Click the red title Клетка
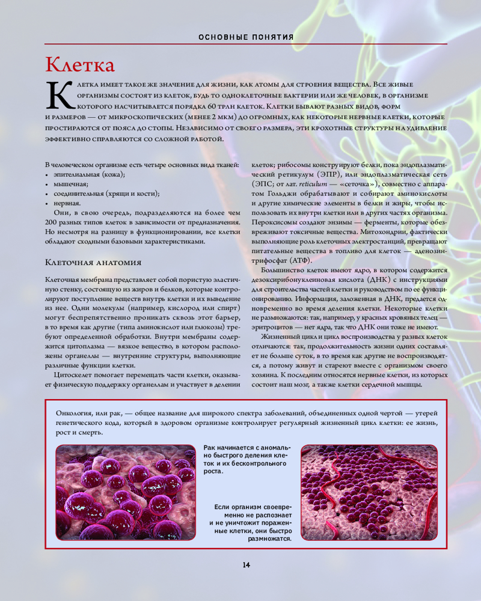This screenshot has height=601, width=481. [x=80, y=64]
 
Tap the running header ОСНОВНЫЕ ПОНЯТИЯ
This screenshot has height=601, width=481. [x=246, y=37]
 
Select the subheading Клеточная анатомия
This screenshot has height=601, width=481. [x=93, y=263]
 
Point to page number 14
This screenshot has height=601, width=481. [x=246, y=564]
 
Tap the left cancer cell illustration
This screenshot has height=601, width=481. [x=126, y=492]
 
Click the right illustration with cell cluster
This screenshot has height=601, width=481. [x=369, y=492]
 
